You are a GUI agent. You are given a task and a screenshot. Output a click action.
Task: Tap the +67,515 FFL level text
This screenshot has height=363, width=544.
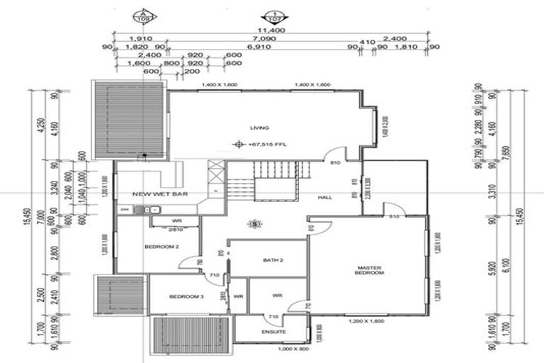click(x=263, y=144)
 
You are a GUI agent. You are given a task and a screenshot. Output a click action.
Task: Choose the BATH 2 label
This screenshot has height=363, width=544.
click(x=272, y=260)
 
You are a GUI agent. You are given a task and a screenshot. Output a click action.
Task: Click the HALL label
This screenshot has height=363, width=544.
click(x=324, y=197)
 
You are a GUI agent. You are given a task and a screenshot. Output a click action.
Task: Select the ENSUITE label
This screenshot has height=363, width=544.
click(x=273, y=332)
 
